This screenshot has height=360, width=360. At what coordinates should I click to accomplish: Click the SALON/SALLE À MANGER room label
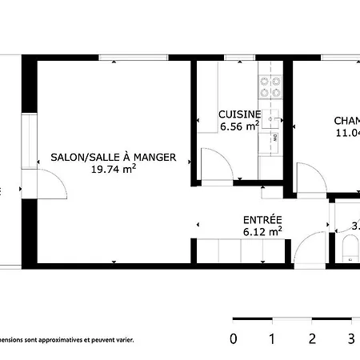pyautogui.click(x=113, y=158)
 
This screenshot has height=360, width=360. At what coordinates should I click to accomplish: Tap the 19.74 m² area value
pyautogui.click(x=113, y=170)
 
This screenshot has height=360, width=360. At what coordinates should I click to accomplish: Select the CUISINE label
pyautogui.click(x=239, y=114)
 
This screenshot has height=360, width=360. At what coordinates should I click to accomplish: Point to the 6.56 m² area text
pyautogui.click(x=239, y=126)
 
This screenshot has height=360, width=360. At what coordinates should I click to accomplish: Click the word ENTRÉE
pyautogui.click(x=262, y=220)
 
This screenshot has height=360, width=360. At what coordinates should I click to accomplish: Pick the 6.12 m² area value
pyautogui.click(x=262, y=232)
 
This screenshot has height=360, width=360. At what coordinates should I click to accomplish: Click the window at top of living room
pyautogui.click(x=133, y=58)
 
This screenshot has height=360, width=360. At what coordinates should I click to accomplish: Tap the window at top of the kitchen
pyautogui.click(x=240, y=58)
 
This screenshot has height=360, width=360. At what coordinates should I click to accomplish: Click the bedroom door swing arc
pyautogui.click(x=308, y=176)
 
